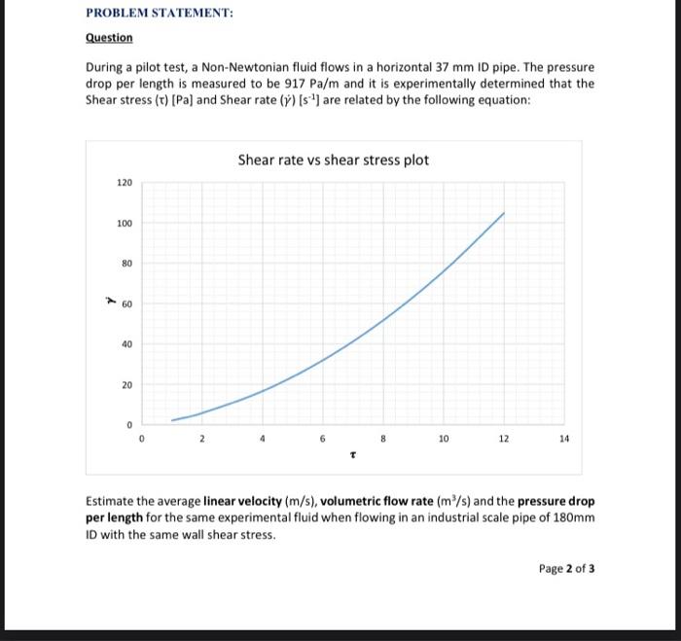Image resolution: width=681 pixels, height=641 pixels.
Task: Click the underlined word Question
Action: coord(109,38)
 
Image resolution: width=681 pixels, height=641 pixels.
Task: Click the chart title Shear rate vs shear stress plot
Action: coord(333,160)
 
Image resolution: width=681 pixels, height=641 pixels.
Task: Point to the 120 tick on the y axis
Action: coord(125,183)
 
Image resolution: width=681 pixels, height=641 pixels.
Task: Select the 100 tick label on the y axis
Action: coord(125,224)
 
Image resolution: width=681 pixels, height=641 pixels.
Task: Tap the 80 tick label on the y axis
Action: coord(126,264)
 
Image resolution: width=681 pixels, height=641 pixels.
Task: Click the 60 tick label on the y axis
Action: coord(126,304)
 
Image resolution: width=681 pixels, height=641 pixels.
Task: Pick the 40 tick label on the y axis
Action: coord(126,344)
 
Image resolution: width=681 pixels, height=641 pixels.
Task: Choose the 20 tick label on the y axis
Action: coord(126,385)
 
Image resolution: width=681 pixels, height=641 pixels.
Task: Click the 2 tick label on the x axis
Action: coord(202,440)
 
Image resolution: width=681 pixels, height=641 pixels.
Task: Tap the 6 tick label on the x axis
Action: coord(323,440)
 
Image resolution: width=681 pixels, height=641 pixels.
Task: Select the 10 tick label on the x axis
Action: coord(444,440)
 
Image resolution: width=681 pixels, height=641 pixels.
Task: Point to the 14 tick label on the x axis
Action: coord(564,440)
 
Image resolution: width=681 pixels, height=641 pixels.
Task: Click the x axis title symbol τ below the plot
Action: coord(352,454)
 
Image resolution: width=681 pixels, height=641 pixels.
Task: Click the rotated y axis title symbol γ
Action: coord(109,302)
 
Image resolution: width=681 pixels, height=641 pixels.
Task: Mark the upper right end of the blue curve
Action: coord(504,212)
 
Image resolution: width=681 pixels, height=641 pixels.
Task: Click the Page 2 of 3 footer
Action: coord(566,568)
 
